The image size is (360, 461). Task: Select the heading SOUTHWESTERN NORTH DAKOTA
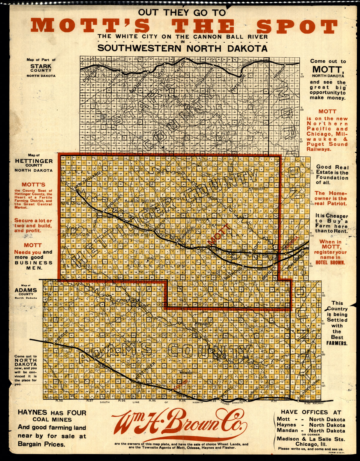(x=182, y=48)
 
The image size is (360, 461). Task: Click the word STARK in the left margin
(x=41, y=66)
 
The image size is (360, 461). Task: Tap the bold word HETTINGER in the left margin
(x=34, y=161)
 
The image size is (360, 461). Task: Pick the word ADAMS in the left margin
(x=26, y=290)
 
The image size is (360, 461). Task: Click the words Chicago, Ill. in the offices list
(x=311, y=444)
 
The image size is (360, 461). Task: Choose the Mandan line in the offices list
(x=311, y=430)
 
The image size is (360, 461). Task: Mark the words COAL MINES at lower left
(x=52, y=420)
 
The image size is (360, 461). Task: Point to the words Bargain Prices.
(x=41, y=444)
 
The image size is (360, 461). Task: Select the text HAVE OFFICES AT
(x=311, y=412)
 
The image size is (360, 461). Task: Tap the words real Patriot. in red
(x=331, y=203)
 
